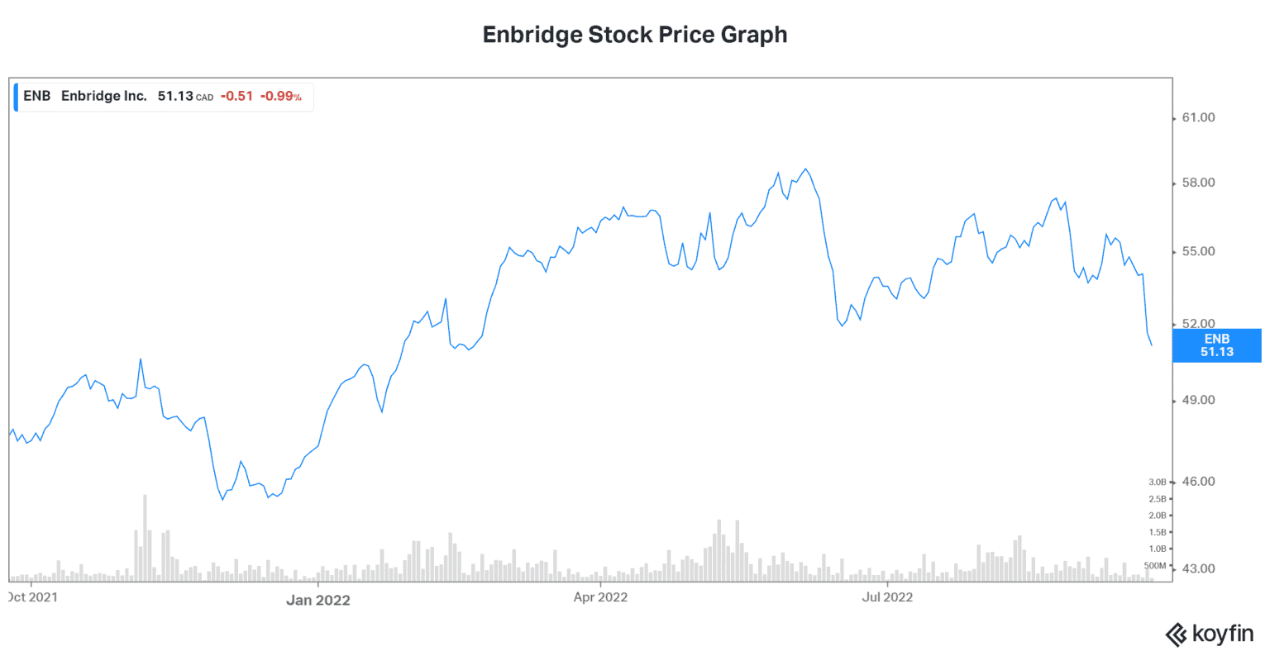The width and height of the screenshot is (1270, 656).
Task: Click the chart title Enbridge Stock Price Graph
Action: [634, 35]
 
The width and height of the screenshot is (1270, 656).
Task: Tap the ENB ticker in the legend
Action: [37, 96]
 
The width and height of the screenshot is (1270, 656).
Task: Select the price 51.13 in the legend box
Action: [175, 96]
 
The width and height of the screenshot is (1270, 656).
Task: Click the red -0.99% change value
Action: [280, 96]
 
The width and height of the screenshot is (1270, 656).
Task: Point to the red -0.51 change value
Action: [236, 96]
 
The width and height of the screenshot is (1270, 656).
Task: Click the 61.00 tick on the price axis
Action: [1198, 118]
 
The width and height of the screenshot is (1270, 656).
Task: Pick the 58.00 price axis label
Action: [1198, 183]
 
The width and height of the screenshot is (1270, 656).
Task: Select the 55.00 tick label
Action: [1198, 251]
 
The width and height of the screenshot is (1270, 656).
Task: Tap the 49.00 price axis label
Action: [1198, 400]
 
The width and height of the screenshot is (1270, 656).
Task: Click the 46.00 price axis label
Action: [1198, 481]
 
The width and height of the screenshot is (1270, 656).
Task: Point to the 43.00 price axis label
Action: [1198, 568]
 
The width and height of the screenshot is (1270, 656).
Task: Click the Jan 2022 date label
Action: [318, 600]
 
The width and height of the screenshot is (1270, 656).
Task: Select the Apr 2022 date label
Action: [600, 597]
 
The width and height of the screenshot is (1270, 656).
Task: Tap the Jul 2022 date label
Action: [887, 597]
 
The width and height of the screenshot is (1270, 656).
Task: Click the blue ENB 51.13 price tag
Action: [1216, 345]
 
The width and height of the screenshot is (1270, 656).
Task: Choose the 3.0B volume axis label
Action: [1157, 482]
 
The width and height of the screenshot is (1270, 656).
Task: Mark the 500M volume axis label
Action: [1155, 566]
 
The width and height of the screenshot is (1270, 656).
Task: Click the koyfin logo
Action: [1209, 634]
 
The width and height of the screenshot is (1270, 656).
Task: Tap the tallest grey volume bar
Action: [145, 537]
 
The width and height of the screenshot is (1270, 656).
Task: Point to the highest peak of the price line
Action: [806, 169]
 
